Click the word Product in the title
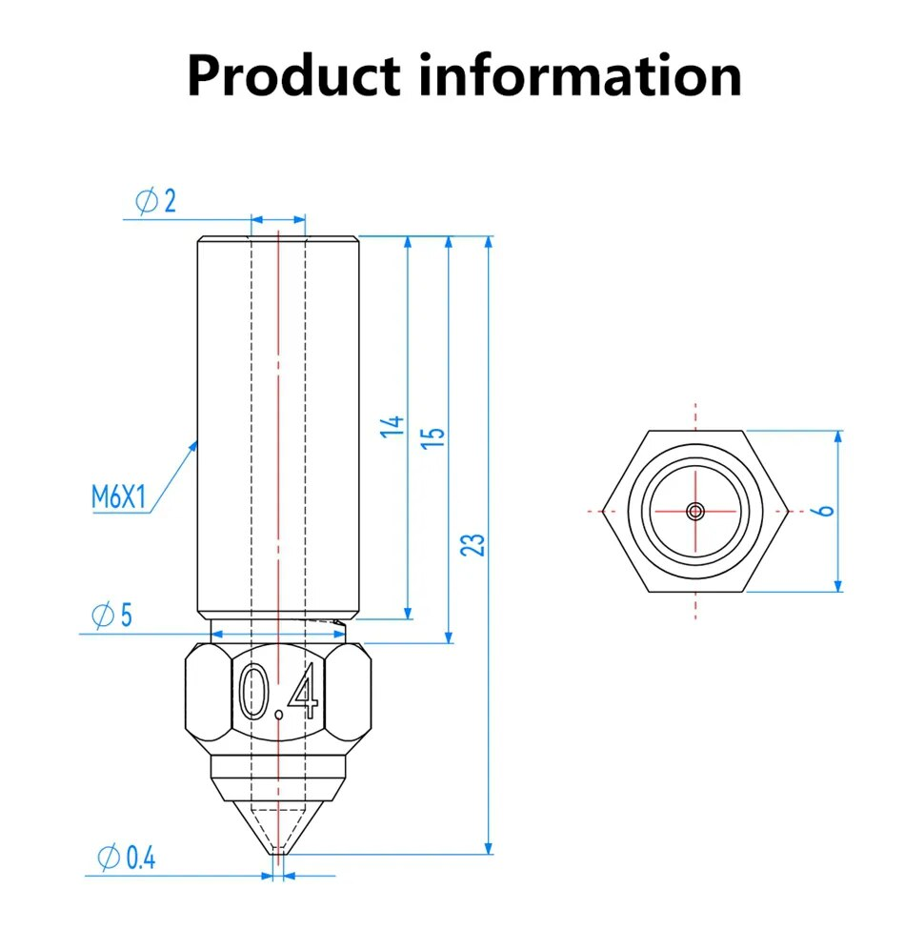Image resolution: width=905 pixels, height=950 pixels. [x=294, y=76]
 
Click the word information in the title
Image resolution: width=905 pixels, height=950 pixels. [x=581, y=76]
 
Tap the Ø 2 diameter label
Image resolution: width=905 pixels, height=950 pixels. [x=156, y=202]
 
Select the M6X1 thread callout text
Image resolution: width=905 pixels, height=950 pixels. [x=118, y=496]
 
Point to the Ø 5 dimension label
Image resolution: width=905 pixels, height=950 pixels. [x=111, y=616]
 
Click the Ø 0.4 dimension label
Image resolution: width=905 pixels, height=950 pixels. [x=126, y=858]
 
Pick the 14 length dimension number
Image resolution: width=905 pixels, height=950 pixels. [x=395, y=427]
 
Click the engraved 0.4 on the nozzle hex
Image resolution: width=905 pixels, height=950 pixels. [x=277, y=692]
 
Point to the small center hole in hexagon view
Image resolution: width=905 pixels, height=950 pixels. [x=696, y=511]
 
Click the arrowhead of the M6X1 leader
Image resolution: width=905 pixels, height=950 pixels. [x=195, y=443]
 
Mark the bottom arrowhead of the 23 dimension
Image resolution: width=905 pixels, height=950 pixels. [x=489, y=847]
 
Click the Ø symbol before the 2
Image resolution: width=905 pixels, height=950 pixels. [x=146, y=202]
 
